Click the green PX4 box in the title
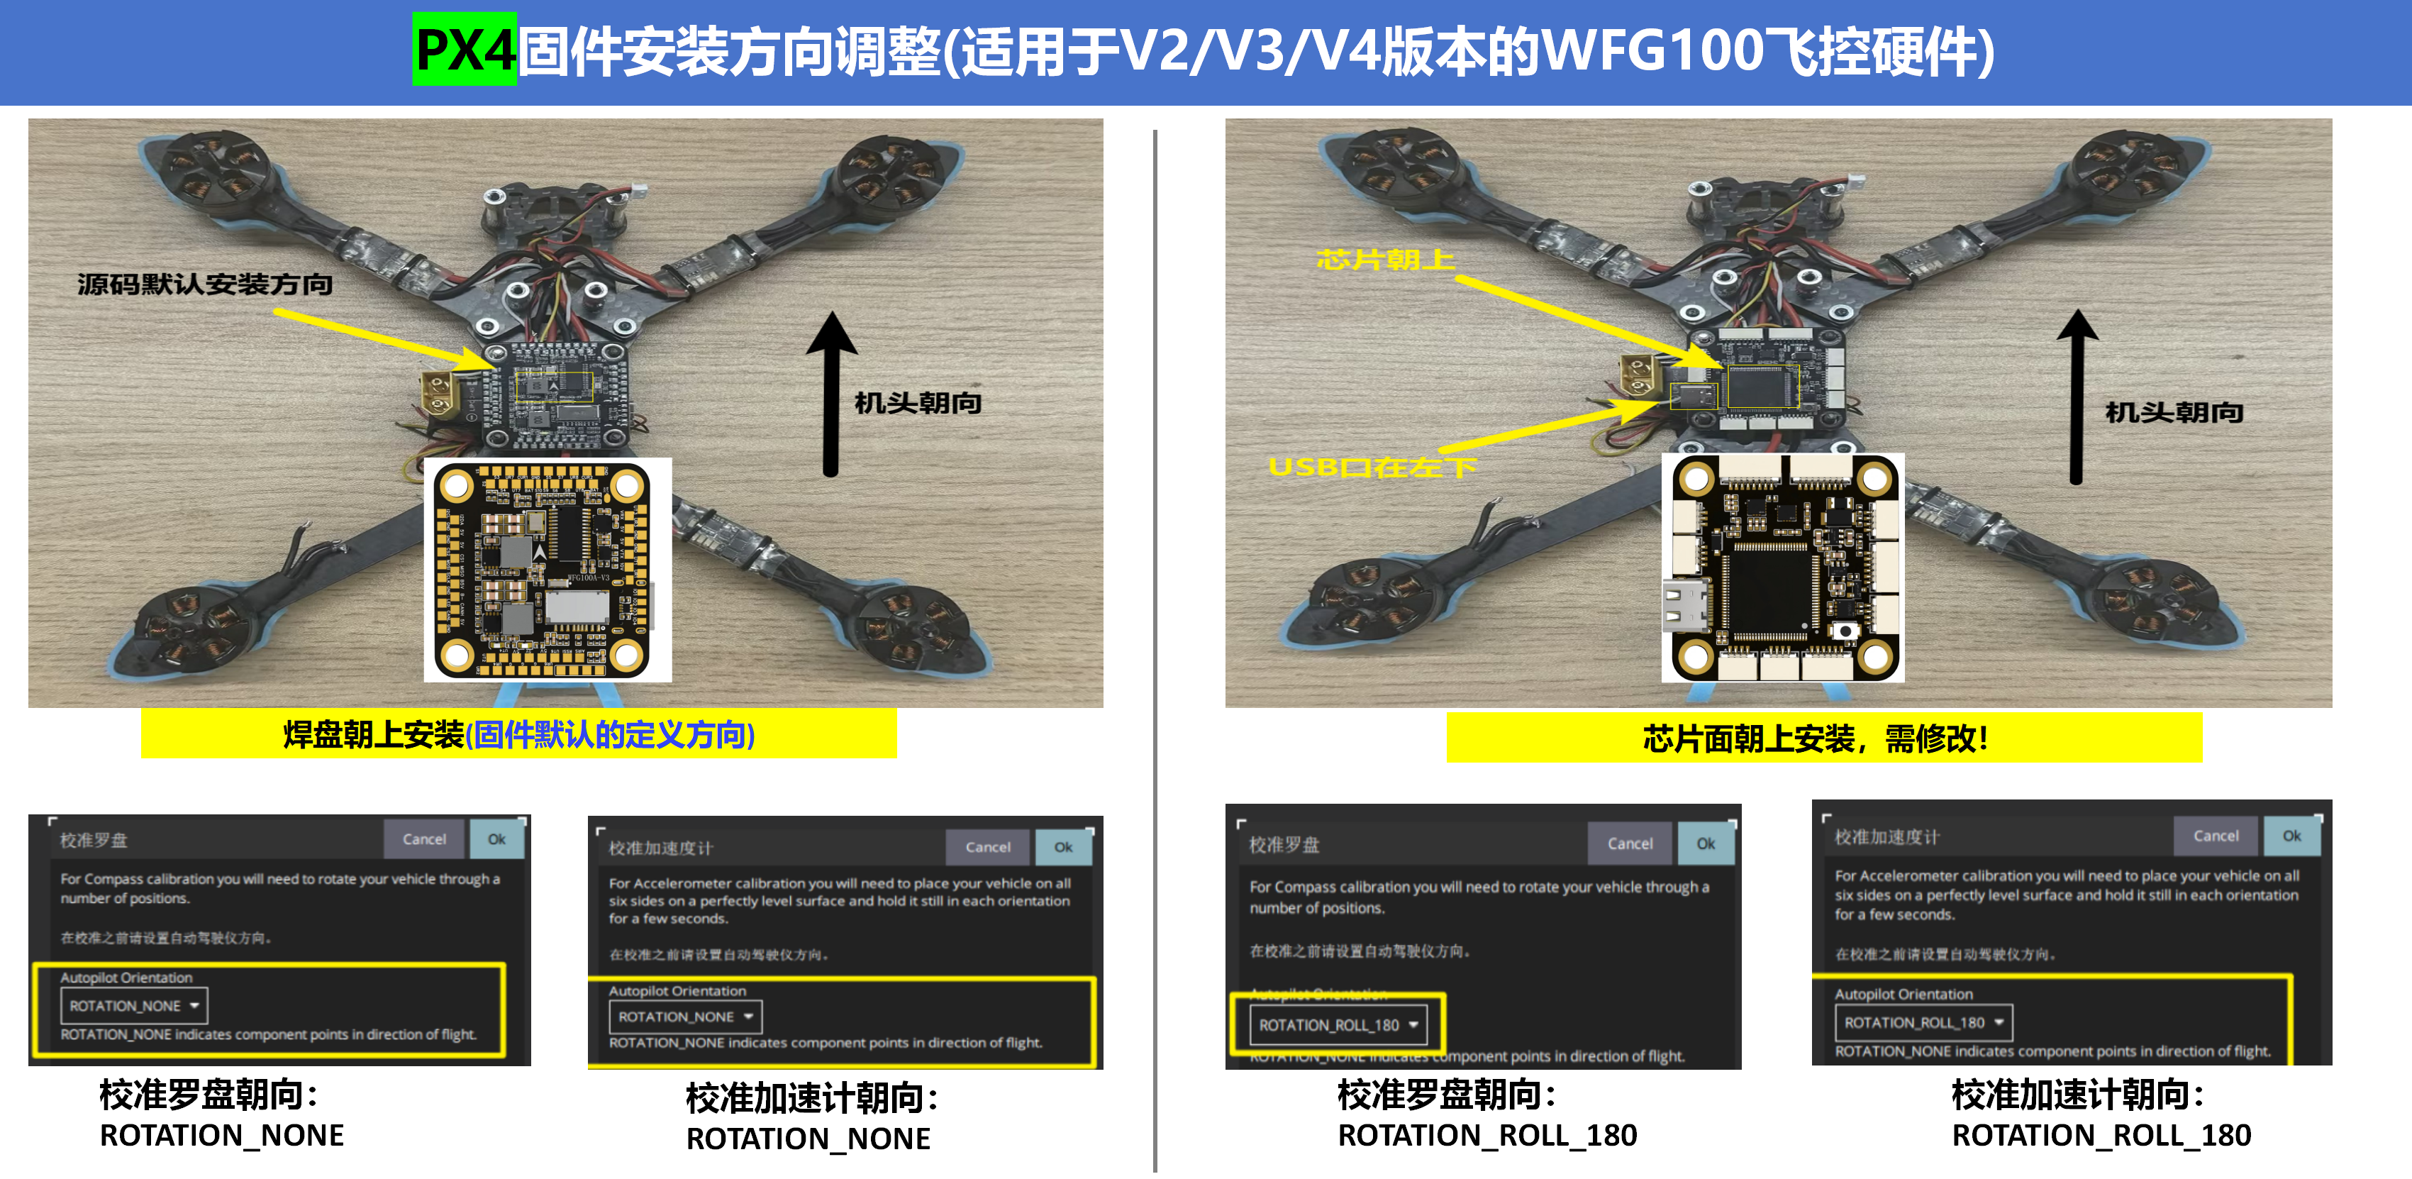[465, 49]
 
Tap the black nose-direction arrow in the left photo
[830, 393]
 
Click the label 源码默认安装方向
[204, 284]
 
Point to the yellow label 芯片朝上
[1386, 260]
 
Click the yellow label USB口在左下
[1372, 466]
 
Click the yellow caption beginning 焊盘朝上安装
[518, 734]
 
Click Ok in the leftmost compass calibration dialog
[496, 839]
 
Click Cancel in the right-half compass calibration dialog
[1629, 843]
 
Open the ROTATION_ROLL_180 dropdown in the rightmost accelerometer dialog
[1923, 1023]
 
